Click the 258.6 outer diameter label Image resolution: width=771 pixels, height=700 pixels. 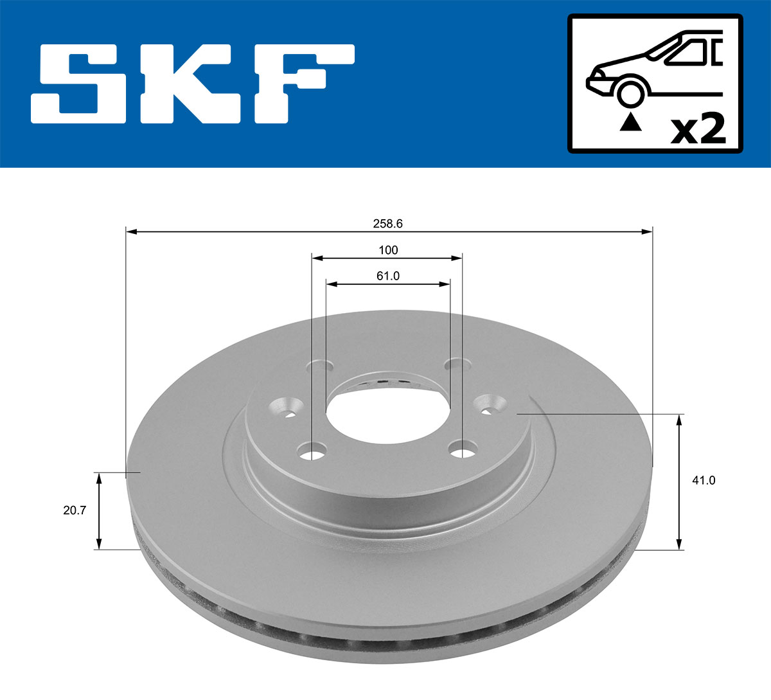click(x=387, y=224)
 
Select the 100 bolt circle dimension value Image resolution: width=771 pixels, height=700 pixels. click(x=387, y=250)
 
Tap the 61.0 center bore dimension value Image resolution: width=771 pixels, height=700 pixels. click(x=387, y=276)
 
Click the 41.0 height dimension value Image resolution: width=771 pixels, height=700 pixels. click(x=704, y=480)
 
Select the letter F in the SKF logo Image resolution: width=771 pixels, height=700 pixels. click(x=301, y=84)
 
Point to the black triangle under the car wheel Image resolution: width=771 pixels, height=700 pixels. click(x=630, y=121)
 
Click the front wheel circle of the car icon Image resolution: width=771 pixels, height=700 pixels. click(x=630, y=93)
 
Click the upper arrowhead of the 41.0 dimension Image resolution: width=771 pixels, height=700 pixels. click(x=679, y=420)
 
